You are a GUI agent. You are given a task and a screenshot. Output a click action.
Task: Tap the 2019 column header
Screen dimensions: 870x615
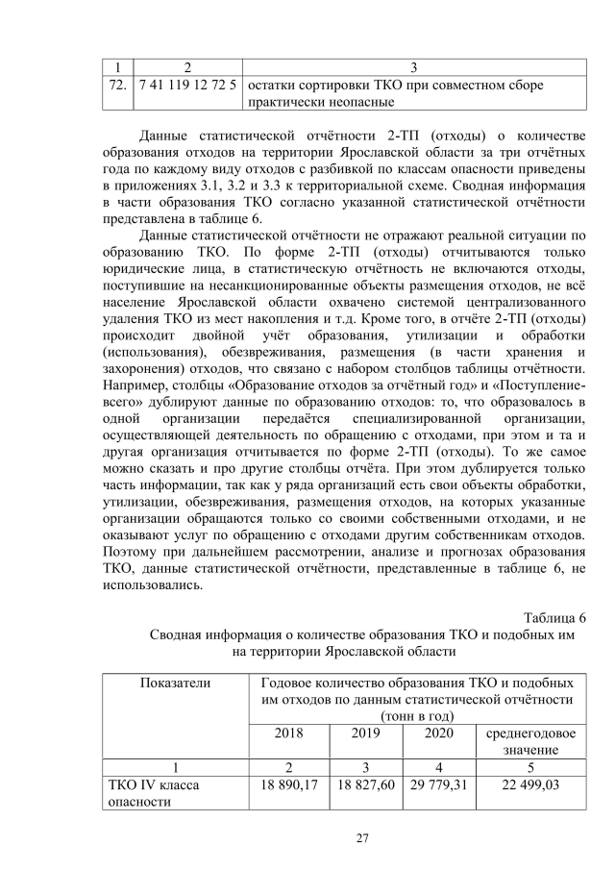pyautogui.click(x=366, y=733)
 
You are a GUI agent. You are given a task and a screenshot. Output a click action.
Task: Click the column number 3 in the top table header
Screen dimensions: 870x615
pyautogui.click(x=414, y=67)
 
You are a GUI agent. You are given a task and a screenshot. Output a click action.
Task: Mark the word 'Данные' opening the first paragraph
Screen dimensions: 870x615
pyautogui.click(x=164, y=133)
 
